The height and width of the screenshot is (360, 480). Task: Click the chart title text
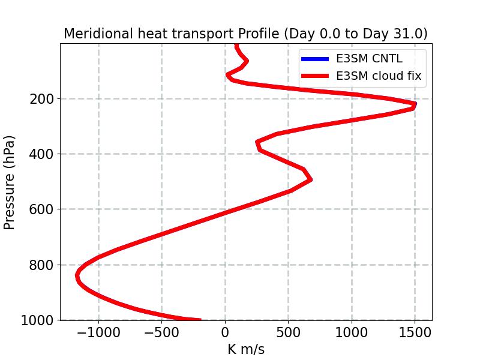point(245,34)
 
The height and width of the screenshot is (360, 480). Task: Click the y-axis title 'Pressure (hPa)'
point(10,182)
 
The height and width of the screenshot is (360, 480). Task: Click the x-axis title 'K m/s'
point(246,349)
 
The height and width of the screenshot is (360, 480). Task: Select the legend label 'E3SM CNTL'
point(369,59)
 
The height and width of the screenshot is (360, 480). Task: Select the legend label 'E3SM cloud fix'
point(379,76)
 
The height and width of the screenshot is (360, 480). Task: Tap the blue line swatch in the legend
point(314,59)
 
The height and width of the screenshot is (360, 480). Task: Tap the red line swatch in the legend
point(314,76)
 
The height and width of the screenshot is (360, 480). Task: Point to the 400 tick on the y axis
point(41,154)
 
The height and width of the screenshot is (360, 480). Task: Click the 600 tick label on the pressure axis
point(41,209)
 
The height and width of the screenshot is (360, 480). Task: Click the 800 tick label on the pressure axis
point(41,265)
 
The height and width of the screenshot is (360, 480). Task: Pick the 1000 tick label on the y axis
point(37,320)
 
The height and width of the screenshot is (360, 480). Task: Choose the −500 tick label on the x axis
point(161,332)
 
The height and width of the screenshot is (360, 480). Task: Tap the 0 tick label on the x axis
point(225,332)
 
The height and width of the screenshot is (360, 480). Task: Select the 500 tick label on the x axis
point(288,332)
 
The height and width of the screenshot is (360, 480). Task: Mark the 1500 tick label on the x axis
point(415,332)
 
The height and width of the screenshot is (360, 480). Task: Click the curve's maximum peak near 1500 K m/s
point(415,105)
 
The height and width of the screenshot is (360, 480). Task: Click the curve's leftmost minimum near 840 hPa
point(77,275)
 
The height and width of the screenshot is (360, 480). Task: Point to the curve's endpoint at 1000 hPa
point(199,320)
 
